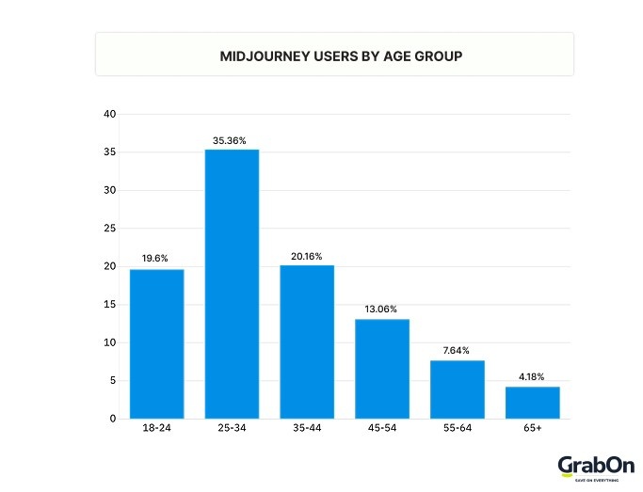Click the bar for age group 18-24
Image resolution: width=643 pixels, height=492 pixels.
(156, 343)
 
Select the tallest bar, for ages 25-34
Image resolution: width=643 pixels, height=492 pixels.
(232, 283)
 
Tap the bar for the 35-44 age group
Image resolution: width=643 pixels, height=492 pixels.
(307, 341)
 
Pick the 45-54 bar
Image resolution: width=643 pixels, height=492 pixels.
(382, 369)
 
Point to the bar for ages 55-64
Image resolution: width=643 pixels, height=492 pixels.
(458, 389)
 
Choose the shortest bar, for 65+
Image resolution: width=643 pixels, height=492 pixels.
(532, 403)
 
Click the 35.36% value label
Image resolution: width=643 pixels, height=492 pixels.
(232, 141)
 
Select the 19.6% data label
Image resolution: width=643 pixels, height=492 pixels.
(156, 258)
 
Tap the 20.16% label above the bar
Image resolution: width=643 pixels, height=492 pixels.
(307, 254)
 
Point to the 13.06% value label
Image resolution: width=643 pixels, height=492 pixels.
(382, 309)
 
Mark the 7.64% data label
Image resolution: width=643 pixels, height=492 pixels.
(458, 350)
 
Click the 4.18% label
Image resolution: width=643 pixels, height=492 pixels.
(532, 376)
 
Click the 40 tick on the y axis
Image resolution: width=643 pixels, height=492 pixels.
(110, 115)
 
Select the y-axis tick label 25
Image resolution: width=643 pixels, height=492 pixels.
(110, 229)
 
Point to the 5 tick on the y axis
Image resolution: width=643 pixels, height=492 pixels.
(113, 381)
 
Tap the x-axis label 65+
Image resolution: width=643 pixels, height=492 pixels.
(532, 428)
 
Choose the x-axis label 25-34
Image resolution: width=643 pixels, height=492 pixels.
(232, 428)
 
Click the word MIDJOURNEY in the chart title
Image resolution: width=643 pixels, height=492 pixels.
(261, 56)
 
